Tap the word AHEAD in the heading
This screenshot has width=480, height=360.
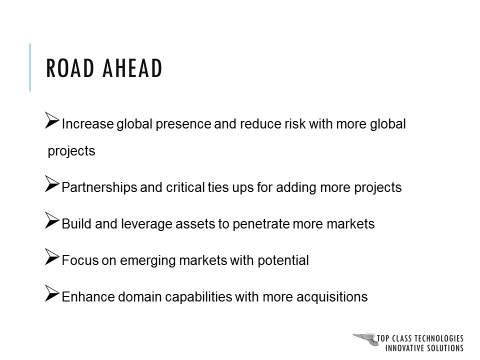click(133, 69)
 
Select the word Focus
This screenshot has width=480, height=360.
click(80, 260)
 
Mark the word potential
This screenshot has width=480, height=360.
click(281, 260)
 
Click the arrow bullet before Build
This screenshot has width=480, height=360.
click(53, 221)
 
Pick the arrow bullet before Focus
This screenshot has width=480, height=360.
click(53, 257)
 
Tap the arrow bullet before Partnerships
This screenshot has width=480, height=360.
click(53, 185)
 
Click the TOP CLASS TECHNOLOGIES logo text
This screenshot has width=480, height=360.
click(420, 338)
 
